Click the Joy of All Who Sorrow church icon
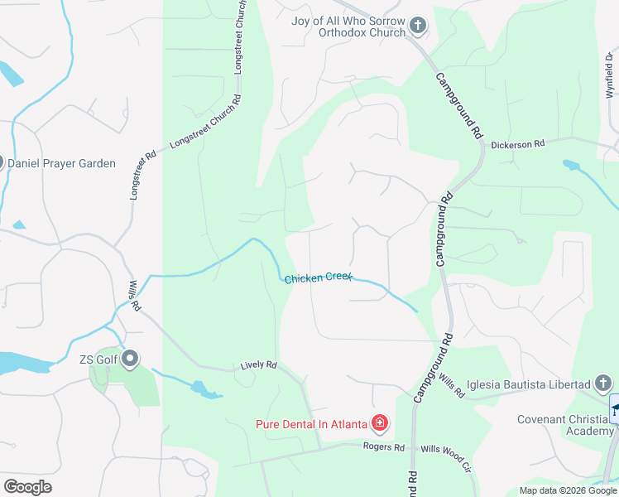pyautogui.click(x=417, y=27)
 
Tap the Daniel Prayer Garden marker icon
pyautogui.click(x=2, y=163)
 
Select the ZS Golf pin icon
pyautogui.click(x=130, y=359)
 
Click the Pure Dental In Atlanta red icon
pyautogui.click(x=380, y=424)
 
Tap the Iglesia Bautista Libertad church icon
pyautogui.click(x=603, y=384)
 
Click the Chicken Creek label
pyautogui.click(x=318, y=277)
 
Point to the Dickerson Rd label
pyautogui.click(x=517, y=143)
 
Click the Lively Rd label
pyautogui.click(x=258, y=364)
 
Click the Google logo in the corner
pyautogui.click(x=27, y=487)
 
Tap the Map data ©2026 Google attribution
pyautogui.click(x=568, y=490)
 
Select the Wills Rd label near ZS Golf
pyautogui.click(x=133, y=295)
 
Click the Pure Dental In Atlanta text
pyautogui.click(x=310, y=424)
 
